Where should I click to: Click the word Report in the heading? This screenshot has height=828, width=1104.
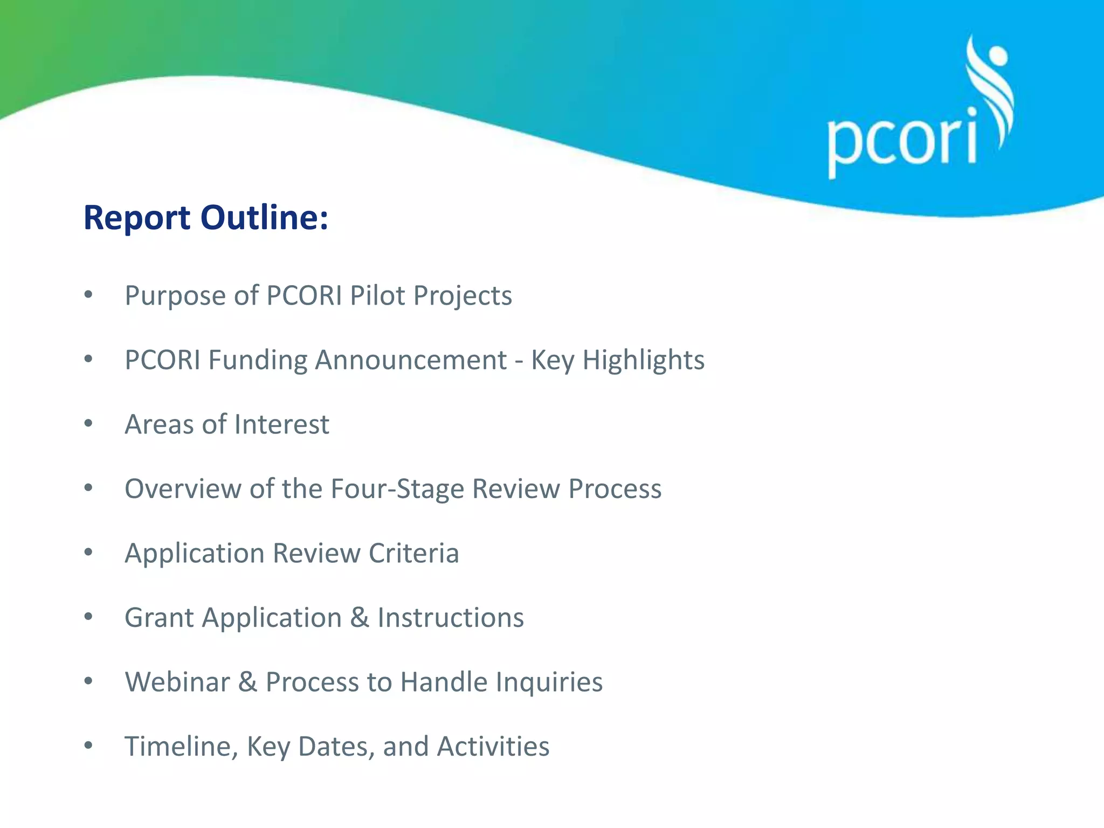pyautogui.click(x=137, y=219)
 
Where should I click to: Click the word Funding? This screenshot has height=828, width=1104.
pyautogui.click(x=258, y=360)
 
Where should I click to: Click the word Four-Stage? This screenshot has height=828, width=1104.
pyautogui.click(x=397, y=489)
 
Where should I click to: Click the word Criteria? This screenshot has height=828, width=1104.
pyautogui.click(x=413, y=553)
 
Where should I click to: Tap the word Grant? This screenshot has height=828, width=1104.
pyautogui.click(x=159, y=618)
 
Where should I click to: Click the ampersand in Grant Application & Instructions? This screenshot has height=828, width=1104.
pyautogui.click(x=360, y=618)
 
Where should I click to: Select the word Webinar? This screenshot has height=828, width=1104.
pyautogui.click(x=177, y=682)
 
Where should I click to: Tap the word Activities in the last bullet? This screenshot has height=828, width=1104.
pyautogui.click(x=493, y=747)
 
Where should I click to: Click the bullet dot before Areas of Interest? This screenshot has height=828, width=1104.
pyautogui.click(x=88, y=424)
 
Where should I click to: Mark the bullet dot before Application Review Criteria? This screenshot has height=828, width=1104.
pyautogui.click(x=88, y=553)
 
